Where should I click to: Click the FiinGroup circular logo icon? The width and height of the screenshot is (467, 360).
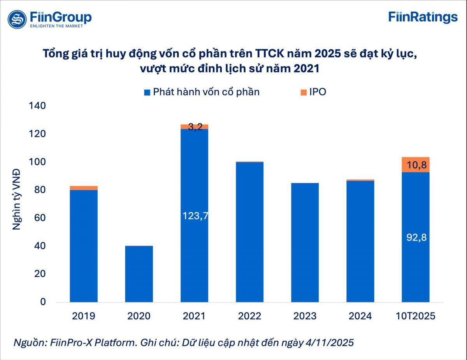17,19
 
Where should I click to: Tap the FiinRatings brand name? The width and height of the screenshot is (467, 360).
423,18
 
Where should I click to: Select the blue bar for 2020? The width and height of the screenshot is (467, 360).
139,274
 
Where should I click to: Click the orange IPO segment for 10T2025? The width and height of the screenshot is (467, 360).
416,165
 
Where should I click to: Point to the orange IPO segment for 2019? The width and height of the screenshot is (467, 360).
84,188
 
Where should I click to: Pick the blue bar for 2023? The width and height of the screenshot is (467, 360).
305,242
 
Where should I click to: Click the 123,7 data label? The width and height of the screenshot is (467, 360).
195,216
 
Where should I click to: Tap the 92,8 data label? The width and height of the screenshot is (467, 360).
416,238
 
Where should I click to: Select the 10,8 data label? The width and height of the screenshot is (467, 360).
416,165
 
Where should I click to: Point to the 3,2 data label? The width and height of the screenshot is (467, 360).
195,127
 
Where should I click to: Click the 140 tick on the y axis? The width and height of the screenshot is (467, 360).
37,106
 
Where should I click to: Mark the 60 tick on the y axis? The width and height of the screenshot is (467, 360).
40,218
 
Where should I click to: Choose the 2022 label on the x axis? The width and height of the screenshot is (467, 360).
249,316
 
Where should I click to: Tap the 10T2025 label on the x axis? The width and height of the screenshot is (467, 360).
415,316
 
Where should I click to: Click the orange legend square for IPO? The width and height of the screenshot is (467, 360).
304,93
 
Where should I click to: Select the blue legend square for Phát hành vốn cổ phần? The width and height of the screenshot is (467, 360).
147,93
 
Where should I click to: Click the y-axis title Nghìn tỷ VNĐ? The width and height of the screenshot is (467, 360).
16,199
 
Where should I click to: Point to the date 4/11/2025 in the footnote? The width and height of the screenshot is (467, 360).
330,343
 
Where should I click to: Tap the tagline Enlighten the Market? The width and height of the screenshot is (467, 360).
56,26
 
